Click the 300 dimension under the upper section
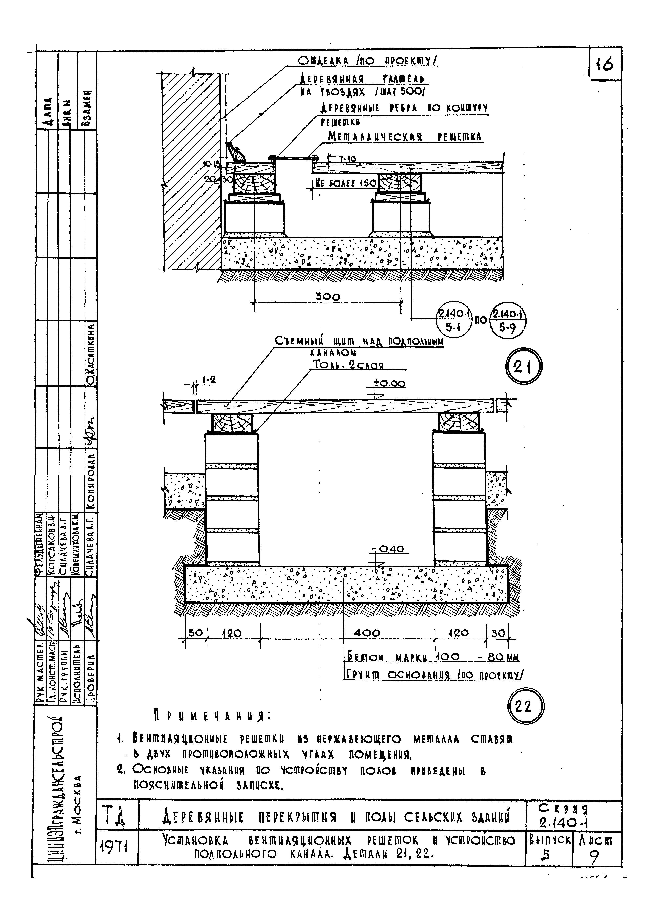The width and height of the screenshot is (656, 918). tap(327, 297)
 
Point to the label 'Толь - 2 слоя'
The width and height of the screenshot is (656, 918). tap(348, 365)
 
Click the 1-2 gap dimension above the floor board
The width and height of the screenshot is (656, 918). tap(208, 380)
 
